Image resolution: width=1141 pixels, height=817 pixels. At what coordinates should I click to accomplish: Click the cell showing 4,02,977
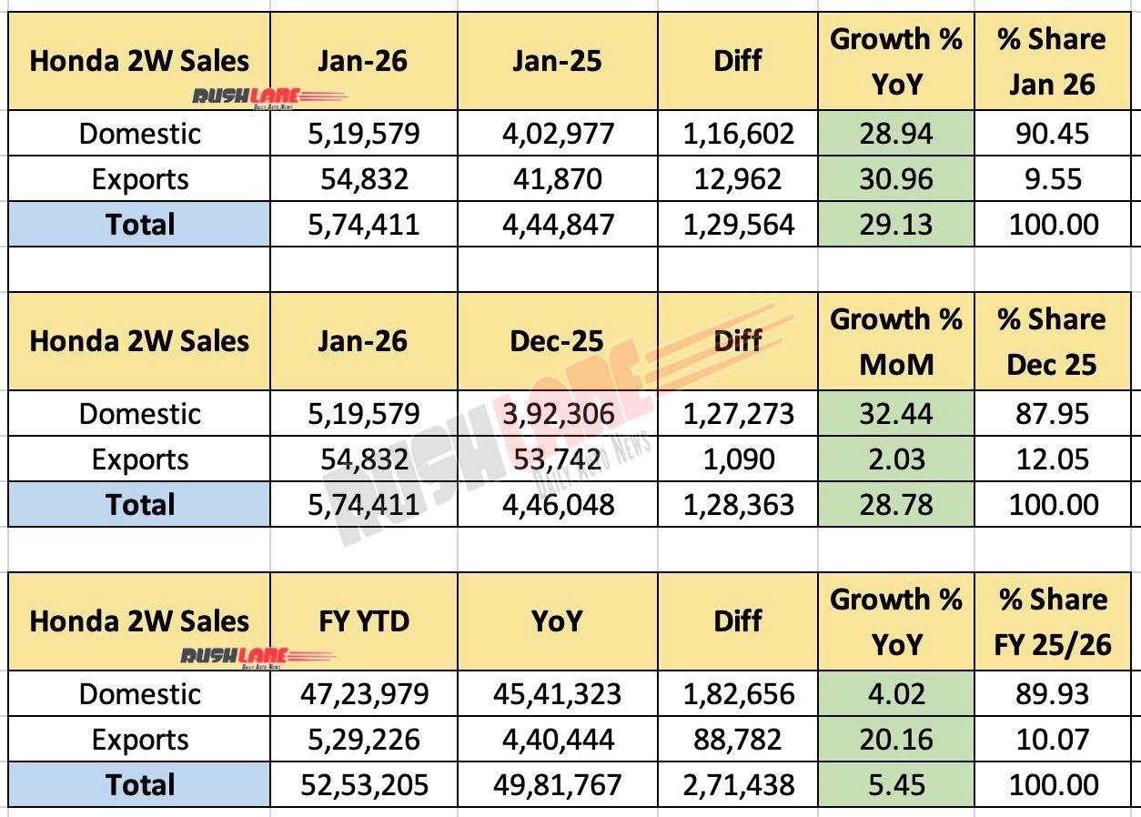[x=557, y=134]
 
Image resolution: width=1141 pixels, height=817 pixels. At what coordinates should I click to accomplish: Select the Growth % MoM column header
[x=895, y=341]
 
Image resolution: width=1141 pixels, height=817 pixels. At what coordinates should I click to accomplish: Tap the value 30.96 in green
[x=895, y=179]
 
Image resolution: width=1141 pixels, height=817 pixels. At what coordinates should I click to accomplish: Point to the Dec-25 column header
[x=557, y=341]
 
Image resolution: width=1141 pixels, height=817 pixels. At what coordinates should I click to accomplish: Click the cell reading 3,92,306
[x=557, y=414]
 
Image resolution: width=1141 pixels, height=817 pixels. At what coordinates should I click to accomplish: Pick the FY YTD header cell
[x=364, y=621]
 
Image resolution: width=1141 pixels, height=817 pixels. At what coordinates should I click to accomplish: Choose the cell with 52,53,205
[x=364, y=785]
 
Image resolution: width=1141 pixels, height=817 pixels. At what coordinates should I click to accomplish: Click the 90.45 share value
[x=1053, y=134]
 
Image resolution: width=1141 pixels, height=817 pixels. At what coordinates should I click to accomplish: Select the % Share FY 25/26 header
[x=1053, y=621]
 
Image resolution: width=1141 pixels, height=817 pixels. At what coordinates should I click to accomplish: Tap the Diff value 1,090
[x=738, y=459]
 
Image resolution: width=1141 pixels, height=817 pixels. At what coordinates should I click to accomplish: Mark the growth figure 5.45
[x=895, y=785]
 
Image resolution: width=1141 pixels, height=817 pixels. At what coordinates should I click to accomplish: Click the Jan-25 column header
[x=557, y=61]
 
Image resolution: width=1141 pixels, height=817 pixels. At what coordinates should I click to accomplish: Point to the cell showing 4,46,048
[x=557, y=505]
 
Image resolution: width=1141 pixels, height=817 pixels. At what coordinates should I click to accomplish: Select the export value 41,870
[x=557, y=179]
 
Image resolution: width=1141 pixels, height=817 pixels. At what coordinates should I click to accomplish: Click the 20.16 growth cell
[x=895, y=740]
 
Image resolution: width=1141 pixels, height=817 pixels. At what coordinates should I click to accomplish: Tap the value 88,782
[x=738, y=740]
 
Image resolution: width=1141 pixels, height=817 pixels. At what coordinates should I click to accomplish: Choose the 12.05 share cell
[x=1053, y=459]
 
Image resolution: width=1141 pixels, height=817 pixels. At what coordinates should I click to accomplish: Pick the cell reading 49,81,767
[x=557, y=785]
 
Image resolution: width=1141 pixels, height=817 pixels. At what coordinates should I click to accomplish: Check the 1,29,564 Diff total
[x=738, y=225]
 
